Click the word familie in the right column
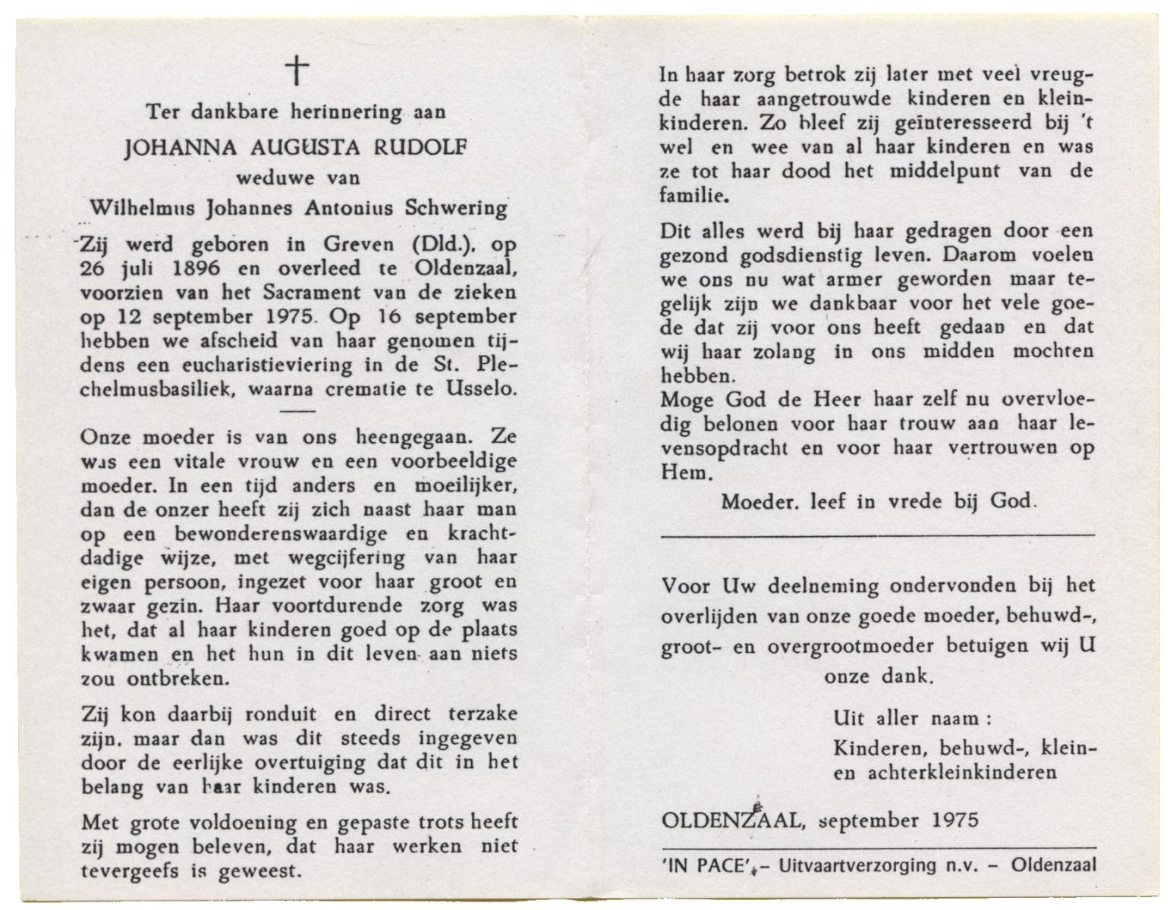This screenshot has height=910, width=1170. click(x=692, y=196)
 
